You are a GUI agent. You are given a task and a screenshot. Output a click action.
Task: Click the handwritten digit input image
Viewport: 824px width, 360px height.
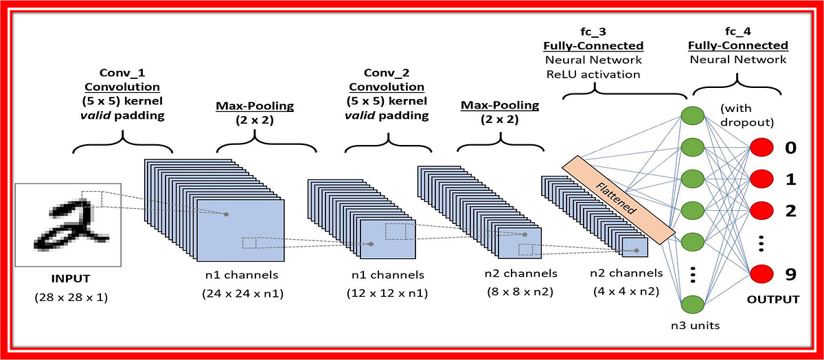tap(68, 225)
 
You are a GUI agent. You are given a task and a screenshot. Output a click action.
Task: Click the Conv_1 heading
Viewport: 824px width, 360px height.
tap(122, 72)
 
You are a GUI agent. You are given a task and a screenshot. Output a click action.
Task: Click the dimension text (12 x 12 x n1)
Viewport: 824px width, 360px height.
tap(387, 293)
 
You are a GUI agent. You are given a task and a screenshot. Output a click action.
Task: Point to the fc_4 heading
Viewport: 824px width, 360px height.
tap(738, 32)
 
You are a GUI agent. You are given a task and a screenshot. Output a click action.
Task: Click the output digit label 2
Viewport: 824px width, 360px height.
tap(790, 210)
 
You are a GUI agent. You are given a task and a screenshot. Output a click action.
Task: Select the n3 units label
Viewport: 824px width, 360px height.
tap(696, 325)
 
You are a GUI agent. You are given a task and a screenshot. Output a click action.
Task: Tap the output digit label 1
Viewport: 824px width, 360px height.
tap(790, 179)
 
